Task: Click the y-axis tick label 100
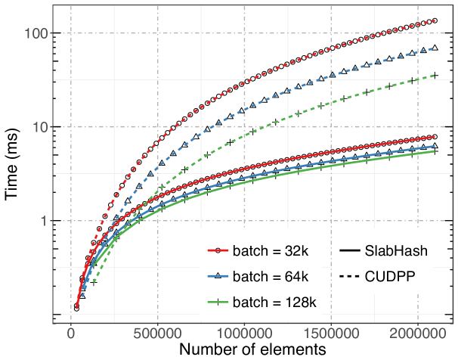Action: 36,33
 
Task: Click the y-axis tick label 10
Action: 39,127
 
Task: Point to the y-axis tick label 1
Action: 44,221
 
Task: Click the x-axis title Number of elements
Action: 252,350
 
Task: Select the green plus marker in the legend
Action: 218,301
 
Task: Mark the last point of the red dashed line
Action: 435,20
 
